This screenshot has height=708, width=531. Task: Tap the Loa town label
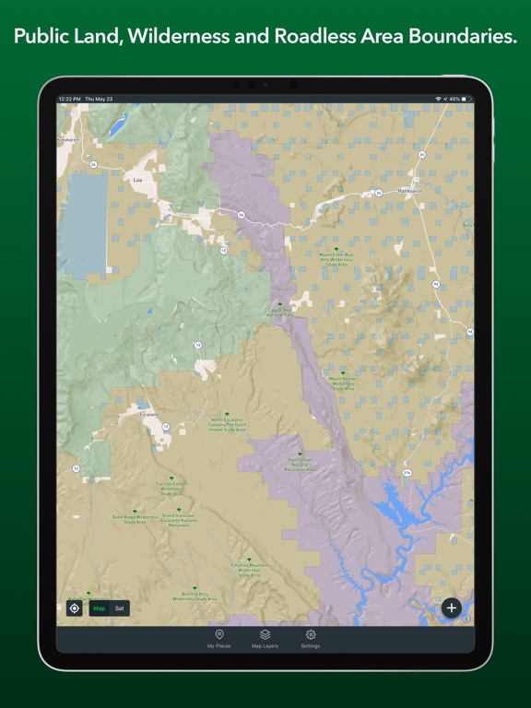click(138, 180)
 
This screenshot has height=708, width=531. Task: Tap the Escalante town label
click(149, 415)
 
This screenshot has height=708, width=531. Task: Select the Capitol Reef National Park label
click(280, 313)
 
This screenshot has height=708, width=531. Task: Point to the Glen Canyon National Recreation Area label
click(301, 463)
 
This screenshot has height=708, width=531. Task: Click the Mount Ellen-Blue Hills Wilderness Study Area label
click(336, 259)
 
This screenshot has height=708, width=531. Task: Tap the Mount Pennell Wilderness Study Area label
click(343, 382)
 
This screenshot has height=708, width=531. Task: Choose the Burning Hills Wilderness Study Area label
click(195, 596)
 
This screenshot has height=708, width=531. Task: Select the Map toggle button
click(99, 608)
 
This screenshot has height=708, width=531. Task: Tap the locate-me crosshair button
click(75, 608)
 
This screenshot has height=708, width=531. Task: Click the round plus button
click(451, 608)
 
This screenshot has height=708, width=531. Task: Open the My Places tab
click(218, 639)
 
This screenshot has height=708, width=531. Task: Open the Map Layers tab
click(265, 639)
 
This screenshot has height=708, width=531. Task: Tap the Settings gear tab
click(311, 639)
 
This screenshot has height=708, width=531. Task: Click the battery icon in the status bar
click(466, 99)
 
